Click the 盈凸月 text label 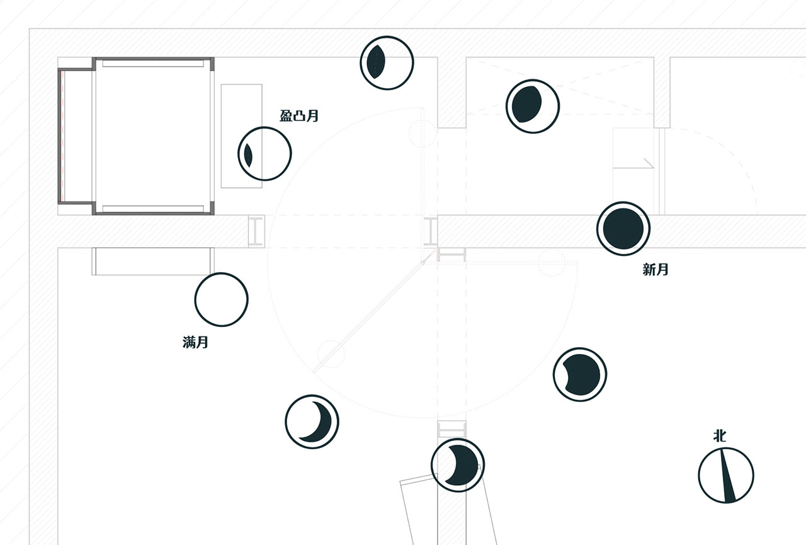(x=299, y=116)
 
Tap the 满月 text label (x=195, y=342)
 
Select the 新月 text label (x=656, y=269)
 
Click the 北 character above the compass (x=720, y=436)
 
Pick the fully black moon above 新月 (x=623, y=229)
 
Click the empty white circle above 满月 (x=221, y=299)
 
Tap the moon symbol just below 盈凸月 (x=264, y=154)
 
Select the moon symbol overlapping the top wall (x=387, y=62)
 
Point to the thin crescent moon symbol (x=312, y=422)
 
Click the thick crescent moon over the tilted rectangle (x=458, y=465)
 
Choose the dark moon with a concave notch (x=580, y=374)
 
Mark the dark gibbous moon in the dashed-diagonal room (x=533, y=106)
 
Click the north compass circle (x=726, y=475)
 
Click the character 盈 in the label (x=286, y=116)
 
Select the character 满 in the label (x=189, y=342)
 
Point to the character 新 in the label (x=649, y=269)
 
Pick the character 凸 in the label (x=299, y=116)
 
